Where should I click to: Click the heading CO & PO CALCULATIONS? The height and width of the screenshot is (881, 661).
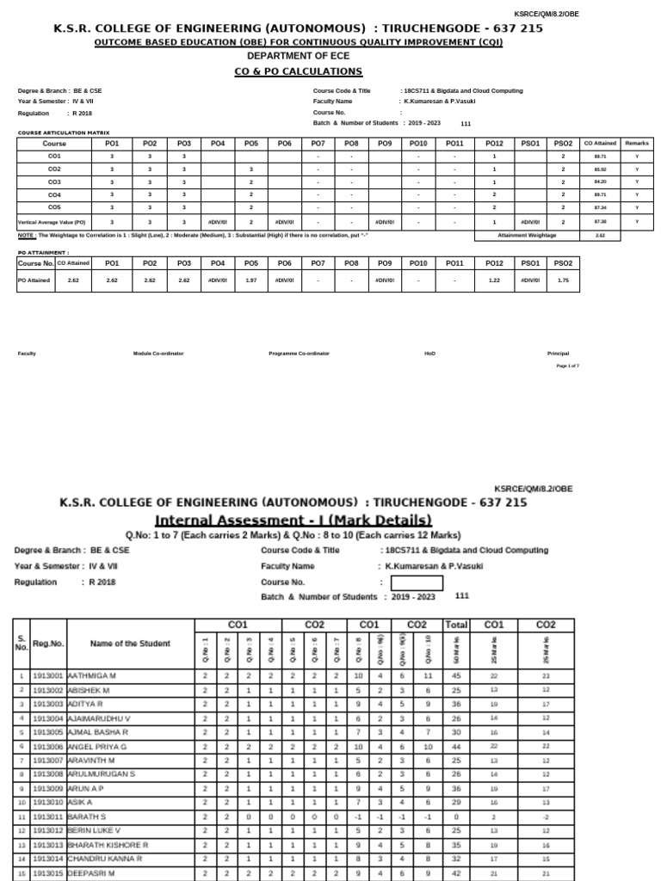(299, 71)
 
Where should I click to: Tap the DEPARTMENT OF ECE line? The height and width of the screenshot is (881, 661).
(299, 56)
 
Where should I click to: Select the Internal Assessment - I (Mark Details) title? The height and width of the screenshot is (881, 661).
(293, 520)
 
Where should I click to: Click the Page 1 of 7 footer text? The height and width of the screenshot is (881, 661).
(567, 367)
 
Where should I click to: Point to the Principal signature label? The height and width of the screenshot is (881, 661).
(558, 354)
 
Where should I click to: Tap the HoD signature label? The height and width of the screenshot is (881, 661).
(429, 354)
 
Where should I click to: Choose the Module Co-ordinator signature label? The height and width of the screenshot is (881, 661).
(158, 354)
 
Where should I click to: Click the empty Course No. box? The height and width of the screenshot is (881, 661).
(422, 582)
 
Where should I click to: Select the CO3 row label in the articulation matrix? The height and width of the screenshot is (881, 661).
(54, 182)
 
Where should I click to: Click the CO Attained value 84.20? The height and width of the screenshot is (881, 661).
(600, 182)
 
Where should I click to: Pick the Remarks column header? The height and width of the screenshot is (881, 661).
(637, 144)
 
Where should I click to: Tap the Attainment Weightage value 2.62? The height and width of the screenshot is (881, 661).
(600, 234)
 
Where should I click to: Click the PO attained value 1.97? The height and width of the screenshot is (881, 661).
(251, 280)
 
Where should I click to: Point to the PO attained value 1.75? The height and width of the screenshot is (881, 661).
(563, 280)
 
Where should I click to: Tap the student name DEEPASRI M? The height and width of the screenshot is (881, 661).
(92, 872)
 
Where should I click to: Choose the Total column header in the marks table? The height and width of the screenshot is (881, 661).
(454, 625)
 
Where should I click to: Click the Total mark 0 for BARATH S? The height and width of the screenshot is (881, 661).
(454, 816)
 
